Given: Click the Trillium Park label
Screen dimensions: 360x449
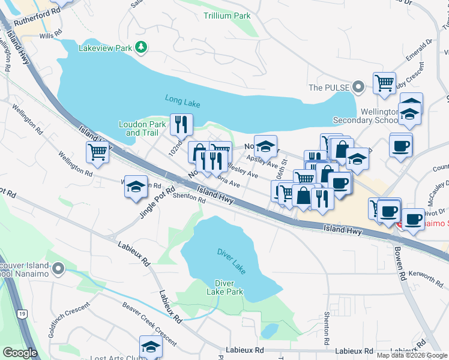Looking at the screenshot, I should click(x=226, y=16).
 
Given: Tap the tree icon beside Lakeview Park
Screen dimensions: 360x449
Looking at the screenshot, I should click(x=141, y=46).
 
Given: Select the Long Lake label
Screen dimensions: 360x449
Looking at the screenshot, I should click(x=182, y=103).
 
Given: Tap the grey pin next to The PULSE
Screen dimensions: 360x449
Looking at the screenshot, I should click(x=358, y=88).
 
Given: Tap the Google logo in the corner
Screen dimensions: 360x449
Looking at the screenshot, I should click(x=20, y=353).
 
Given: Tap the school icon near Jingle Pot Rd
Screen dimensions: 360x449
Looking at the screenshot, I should click(x=136, y=187).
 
